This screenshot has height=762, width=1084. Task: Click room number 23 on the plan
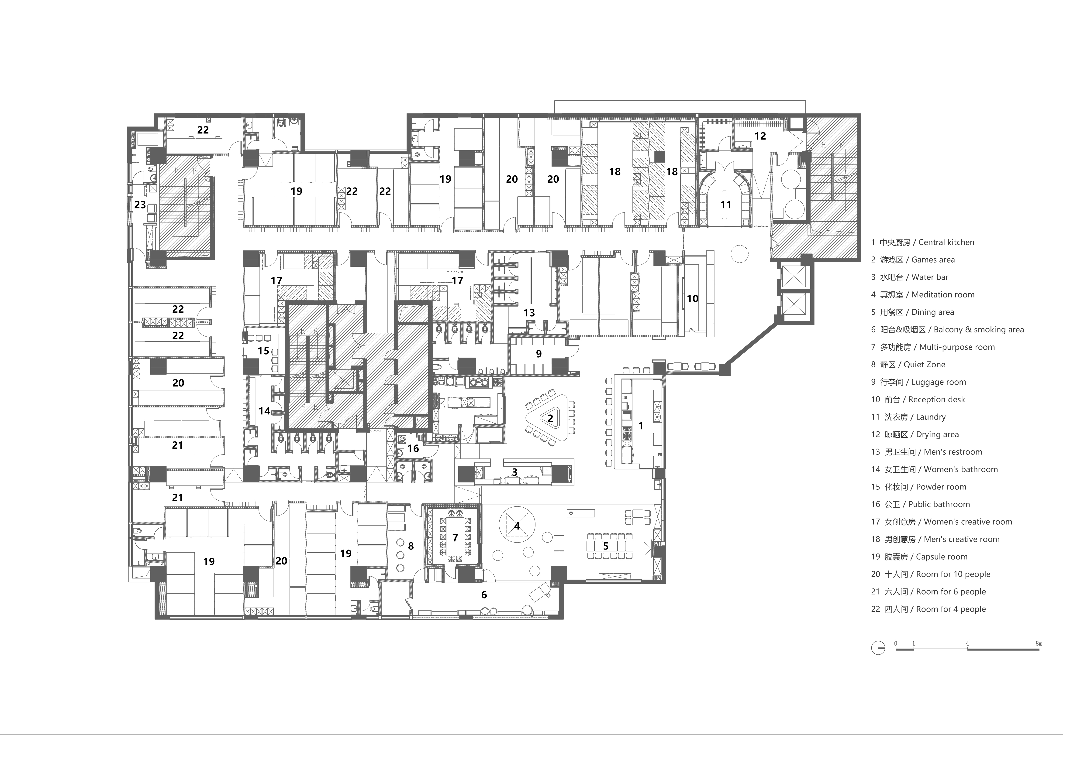140,205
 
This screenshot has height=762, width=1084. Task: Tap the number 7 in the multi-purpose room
455,538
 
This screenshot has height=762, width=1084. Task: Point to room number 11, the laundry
726,205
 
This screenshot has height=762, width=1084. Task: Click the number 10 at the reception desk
692,299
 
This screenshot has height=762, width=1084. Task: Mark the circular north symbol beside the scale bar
878,647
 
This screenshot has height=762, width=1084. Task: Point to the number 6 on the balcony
484,595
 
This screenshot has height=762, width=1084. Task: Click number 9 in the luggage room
539,354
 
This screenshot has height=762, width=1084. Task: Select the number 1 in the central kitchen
641,426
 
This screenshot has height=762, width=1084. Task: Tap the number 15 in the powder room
263,351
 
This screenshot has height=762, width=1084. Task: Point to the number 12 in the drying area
760,136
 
